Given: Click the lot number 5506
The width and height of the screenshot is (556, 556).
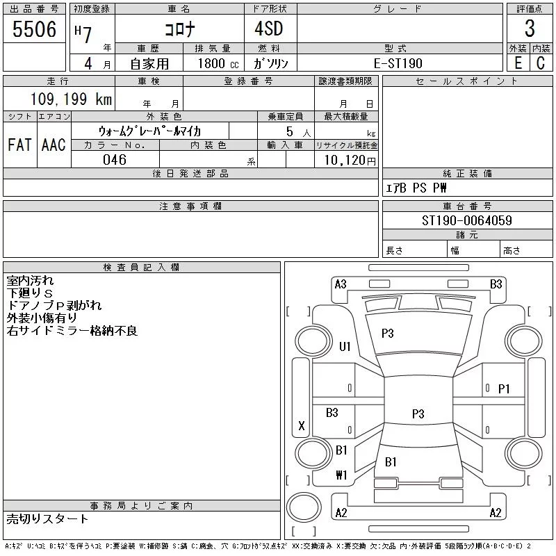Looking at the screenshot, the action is click(34, 28).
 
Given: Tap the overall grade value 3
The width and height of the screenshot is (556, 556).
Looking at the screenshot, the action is click(530, 28).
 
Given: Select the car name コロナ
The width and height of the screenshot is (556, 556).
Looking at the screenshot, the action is click(180, 29).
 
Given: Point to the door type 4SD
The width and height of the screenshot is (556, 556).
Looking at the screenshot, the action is click(269, 28).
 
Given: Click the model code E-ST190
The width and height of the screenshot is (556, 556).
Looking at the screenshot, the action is click(398, 63).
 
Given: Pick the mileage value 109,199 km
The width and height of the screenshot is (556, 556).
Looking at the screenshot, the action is click(71, 99).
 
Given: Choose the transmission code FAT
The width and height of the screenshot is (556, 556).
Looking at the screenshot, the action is click(19, 145).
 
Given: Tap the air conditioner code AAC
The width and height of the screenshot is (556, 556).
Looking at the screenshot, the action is click(54, 145).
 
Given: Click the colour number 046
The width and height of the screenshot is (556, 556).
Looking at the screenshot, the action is click(115, 160).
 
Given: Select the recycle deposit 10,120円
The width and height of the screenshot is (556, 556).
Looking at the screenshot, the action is click(350, 161).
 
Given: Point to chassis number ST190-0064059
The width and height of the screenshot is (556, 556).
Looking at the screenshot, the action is click(466, 220).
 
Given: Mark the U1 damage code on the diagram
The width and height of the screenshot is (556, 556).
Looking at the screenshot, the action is click(345, 346).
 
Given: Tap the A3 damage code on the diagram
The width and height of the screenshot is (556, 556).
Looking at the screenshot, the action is click(341, 284).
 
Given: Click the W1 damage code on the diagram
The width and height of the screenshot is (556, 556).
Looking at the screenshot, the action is click(341, 475).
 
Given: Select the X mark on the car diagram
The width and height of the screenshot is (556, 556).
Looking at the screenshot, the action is click(302, 425).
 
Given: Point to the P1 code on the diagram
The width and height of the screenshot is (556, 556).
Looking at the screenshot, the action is click(504, 389).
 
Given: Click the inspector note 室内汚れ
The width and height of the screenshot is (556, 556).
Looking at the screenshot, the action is click(30, 281).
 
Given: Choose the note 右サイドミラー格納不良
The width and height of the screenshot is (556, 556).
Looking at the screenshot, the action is click(72, 331).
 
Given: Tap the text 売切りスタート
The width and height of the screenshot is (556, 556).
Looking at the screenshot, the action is click(47, 518).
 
